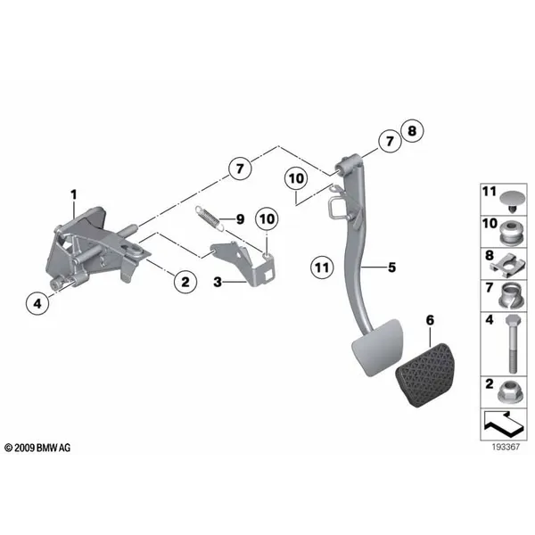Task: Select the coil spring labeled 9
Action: tap(210, 218)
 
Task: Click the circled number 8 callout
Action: tap(412, 131)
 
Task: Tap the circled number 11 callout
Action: tap(322, 267)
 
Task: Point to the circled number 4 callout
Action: tap(37, 303)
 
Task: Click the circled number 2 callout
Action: tap(185, 282)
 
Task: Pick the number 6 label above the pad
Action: tap(431, 320)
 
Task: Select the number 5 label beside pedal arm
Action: tap(392, 267)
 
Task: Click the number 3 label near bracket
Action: tap(218, 282)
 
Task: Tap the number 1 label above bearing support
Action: tap(74, 194)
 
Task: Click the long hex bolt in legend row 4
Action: tap(511, 344)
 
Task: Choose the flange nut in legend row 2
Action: tap(511, 393)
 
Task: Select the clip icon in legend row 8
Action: tap(509, 265)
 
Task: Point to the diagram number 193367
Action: tap(506, 447)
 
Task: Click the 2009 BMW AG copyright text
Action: tap(37, 448)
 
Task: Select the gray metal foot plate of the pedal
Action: tap(377, 348)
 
